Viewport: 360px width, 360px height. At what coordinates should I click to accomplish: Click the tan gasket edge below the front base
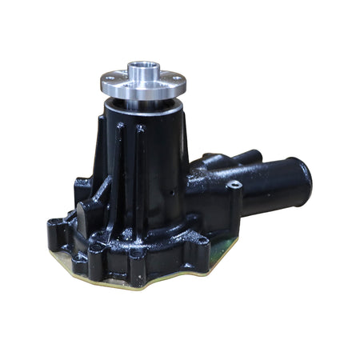pyautogui.click(x=120, y=282)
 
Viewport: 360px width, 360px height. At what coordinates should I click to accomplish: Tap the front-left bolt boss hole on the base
pyautogui.click(x=98, y=249)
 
